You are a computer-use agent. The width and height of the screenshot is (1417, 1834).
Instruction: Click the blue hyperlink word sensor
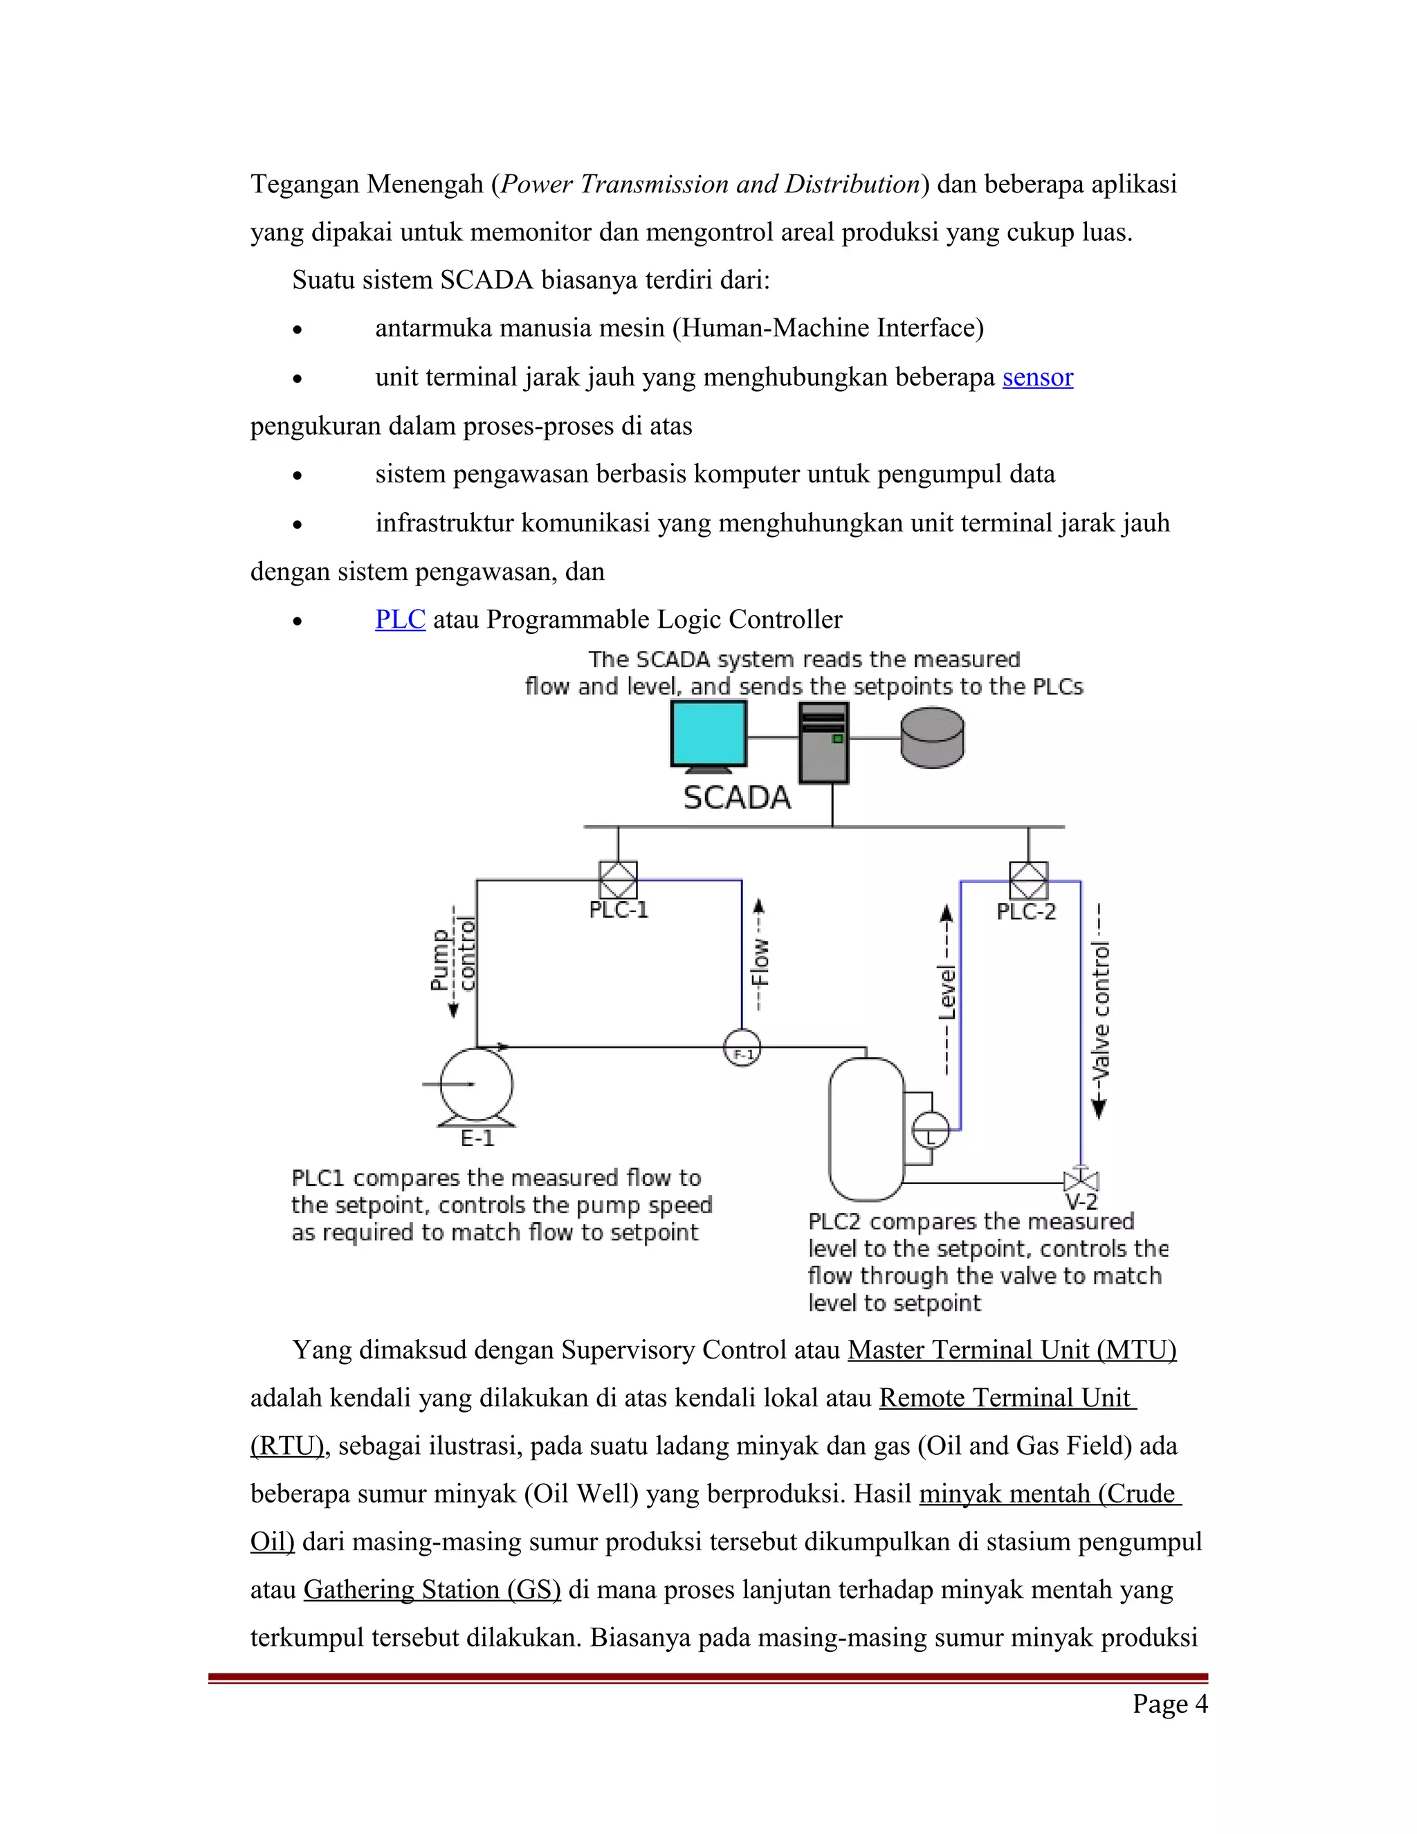pyautogui.click(x=1038, y=377)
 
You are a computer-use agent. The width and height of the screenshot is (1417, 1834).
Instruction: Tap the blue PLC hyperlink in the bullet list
pyautogui.click(x=400, y=619)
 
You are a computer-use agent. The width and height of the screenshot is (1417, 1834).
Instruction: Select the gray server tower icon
pyautogui.click(x=823, y=743)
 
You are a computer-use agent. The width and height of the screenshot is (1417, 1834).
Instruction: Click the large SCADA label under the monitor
pyautogui.click(x=737, y=798)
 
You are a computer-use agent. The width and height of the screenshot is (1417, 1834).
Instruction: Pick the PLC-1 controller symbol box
pyautogui.click(x=618, y=880)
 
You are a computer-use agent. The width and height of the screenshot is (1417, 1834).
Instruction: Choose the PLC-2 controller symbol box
pyautogui.click(x=1028, y=881)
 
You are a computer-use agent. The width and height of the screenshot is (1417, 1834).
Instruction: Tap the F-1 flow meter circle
pyautogui.click(x=742, y=1048)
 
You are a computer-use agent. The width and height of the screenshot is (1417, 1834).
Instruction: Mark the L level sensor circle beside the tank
pyautogui.click(x=930, y=1129)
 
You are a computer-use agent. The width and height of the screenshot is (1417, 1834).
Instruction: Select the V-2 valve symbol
pyautogui.click(x=1081, y=1181)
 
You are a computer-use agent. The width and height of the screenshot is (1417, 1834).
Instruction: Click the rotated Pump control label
pyautogui.click(x=453, y=959)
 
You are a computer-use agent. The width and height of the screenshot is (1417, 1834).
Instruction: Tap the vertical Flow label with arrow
pyautogui.click(x=759, y=957)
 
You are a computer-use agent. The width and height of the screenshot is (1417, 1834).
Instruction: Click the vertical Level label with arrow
pyautogui.click(x=947, y=991)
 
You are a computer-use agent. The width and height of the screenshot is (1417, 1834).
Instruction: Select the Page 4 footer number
pyautogui.click(x=1169, y=1704)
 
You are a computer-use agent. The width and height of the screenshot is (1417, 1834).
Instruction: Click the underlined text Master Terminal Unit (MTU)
pyautogui.click(x=1012, y=1350)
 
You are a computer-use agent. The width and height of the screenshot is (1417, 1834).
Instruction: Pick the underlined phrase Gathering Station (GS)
pyautogui.click(x=432, y=1590)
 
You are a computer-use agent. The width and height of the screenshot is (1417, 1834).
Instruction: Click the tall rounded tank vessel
pyautogui.click(x=866, y=1129)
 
